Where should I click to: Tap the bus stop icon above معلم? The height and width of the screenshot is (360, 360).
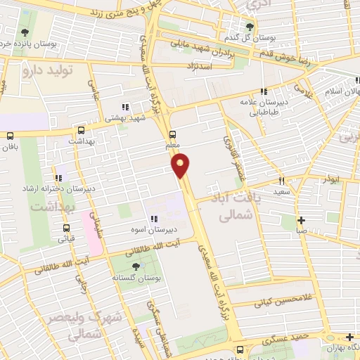[173, 134]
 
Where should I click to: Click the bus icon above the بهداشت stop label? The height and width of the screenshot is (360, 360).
[82, 130]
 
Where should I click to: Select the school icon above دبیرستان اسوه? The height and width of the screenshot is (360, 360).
[152, 219]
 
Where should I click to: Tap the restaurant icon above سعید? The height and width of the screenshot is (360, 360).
[282, 181]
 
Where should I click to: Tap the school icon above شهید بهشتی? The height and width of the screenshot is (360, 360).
[125, 108]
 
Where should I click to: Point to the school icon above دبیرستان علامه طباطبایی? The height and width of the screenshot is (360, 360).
[264, 91]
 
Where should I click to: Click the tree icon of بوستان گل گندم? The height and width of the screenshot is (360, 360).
[250, 27]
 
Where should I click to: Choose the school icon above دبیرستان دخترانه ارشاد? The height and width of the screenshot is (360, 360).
[58, 178]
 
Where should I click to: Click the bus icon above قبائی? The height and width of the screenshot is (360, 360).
[67, 228]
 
